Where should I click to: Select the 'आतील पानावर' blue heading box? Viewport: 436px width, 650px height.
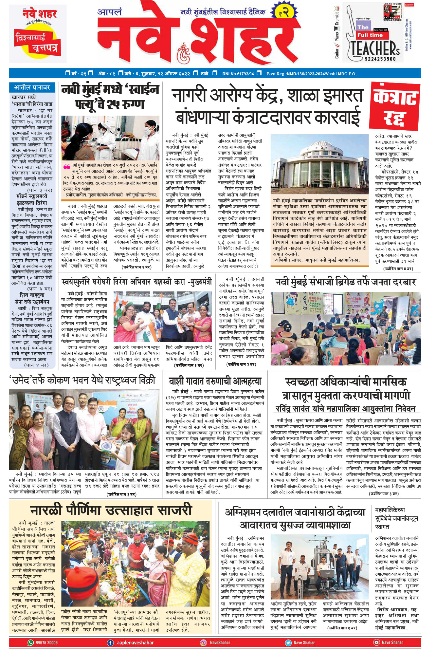pyautogui.click(x=32, y=87)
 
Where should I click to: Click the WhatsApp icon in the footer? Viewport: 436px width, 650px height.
pyautogui.click(x=30, y=642)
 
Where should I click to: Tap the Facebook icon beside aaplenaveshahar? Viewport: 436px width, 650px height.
pyautogui.click(x=111, y=642)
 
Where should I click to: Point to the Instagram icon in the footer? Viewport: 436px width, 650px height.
pyautogui.click(x=203, y=642)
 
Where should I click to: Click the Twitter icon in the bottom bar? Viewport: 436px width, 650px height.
pyautogui.click(x=288, y=642)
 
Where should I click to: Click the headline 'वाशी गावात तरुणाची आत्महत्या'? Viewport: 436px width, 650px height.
pyautogui.click(x=215, y=381)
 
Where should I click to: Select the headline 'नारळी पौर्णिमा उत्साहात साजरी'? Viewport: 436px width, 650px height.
pyautogui.click(x=111, y=511)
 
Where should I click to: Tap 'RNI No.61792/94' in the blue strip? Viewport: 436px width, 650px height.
pyautogui.click(x=238, y=74)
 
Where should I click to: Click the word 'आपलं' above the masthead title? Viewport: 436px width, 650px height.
pyautogui.click(x=110, y=12)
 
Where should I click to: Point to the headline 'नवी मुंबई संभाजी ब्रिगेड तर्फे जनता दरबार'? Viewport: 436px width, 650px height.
pyautogui.click(x=345, y=282)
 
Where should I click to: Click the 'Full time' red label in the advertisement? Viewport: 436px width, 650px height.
pyautogui.click(x=370, y=35)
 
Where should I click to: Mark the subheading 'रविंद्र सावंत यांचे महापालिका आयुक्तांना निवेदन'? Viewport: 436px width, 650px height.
pyautogui.click(x=345, y=409)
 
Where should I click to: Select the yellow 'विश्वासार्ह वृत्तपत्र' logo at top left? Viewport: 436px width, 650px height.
pyautogui.click(x=36, y=43)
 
